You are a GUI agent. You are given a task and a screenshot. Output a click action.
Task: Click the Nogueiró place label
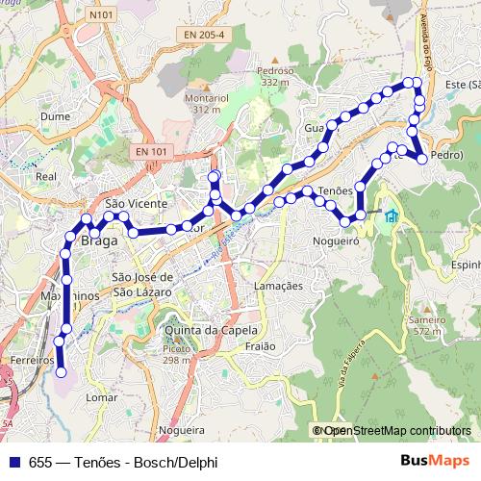(x=334, y=241)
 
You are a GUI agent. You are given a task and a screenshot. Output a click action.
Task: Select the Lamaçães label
(x=277, y=286)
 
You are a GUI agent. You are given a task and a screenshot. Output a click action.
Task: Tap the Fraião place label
(x=261, y=345)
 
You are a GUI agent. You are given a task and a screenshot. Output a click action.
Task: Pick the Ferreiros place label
(x=32, y=359)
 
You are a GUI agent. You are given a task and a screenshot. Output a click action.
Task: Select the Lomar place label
(x=101, y=395)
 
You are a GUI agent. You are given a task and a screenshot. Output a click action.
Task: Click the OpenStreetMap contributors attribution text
(x=396, y=430)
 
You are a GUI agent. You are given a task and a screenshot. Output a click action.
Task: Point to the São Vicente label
(x=137, y=204)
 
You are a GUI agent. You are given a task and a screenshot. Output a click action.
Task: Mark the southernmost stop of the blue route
(x=60, y=371)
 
